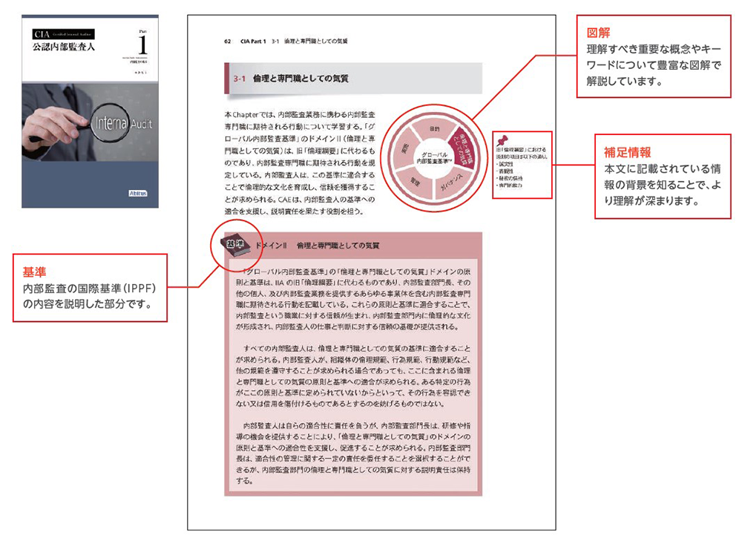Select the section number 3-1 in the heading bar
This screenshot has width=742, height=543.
240,78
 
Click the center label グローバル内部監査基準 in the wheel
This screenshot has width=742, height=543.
435,156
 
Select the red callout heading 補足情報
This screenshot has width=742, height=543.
621,154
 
